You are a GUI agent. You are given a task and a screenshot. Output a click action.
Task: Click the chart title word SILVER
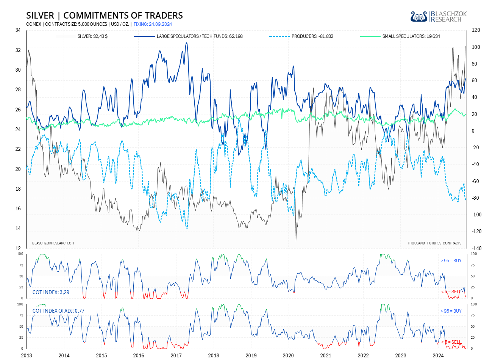coord(40,16)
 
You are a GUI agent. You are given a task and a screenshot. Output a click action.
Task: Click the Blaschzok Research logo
coord(439,16)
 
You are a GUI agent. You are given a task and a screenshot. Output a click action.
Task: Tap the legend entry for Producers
coord(312,36)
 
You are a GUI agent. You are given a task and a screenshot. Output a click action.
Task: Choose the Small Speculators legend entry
coord(411,36)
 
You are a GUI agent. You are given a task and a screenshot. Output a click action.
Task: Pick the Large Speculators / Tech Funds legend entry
coord(200,36)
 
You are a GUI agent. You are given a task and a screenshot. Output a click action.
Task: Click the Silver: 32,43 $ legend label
coord(92,36)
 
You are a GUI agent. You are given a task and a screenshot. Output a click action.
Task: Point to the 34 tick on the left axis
coord(18,30)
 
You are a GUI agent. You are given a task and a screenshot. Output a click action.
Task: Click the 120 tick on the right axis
coord(476,30)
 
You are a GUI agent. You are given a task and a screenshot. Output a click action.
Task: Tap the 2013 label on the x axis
coord(27,355)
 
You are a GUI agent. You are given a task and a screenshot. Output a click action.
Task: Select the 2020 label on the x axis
coord(288,355)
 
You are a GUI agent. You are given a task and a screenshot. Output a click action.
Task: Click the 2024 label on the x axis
coord(438,355)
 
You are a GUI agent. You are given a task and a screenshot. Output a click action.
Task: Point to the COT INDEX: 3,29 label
coord(51,292)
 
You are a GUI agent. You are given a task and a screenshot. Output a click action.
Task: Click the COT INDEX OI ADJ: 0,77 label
coord(58,311)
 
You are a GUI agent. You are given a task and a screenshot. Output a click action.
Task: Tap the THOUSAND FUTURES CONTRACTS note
coord(434,243)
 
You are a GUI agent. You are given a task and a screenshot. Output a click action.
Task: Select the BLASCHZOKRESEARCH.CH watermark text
coord(53,243)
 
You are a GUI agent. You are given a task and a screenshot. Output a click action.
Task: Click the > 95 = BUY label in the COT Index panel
coord(451,261)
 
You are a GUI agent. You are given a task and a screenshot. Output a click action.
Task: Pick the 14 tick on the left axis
coord(18,229)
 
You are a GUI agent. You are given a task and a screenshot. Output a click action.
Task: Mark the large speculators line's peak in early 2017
coord(186,43)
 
